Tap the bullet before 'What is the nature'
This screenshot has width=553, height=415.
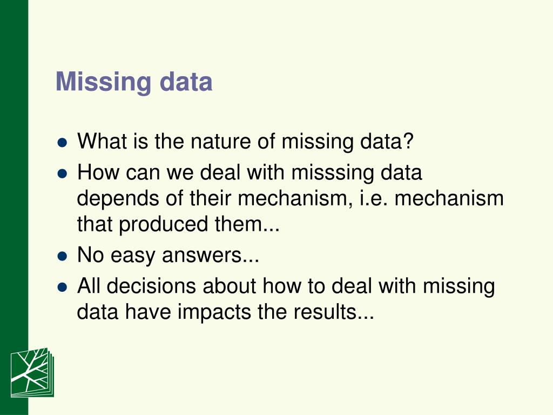tap(62, 144)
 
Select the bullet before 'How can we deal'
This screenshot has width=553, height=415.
tap(62, 174)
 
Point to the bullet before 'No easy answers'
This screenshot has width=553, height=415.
tap(62, 256)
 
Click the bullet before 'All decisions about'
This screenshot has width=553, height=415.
tap(62, 286)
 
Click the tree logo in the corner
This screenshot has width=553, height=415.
tap(32, 372)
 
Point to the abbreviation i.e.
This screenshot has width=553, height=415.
tap(373, 198)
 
